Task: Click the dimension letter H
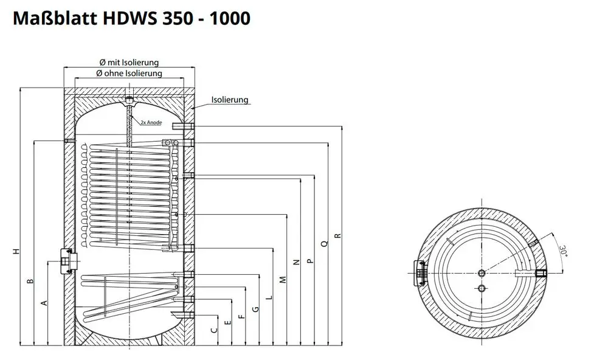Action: pos(16,251)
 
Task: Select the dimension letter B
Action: pos(30,281)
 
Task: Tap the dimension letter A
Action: pos(44,303)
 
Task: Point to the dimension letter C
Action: pos(214,330)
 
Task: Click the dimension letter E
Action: pos(228,322)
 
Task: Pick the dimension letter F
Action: pos(242,316)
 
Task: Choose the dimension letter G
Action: pos(255,309)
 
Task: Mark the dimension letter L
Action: pos(269,298)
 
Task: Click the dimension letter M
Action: pos(283,279)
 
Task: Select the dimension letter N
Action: pos(297,262)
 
